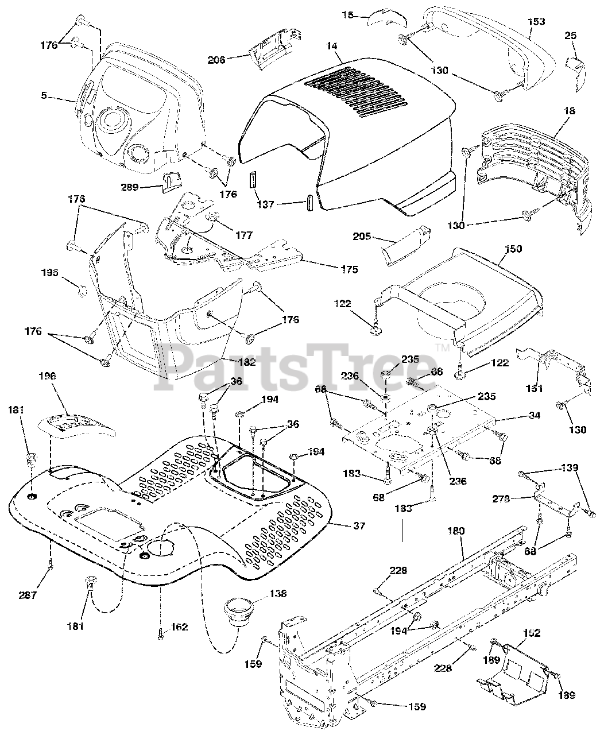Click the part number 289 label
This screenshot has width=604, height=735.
click(x=130, y=187)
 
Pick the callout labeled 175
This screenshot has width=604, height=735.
click(x=349, y=269)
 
